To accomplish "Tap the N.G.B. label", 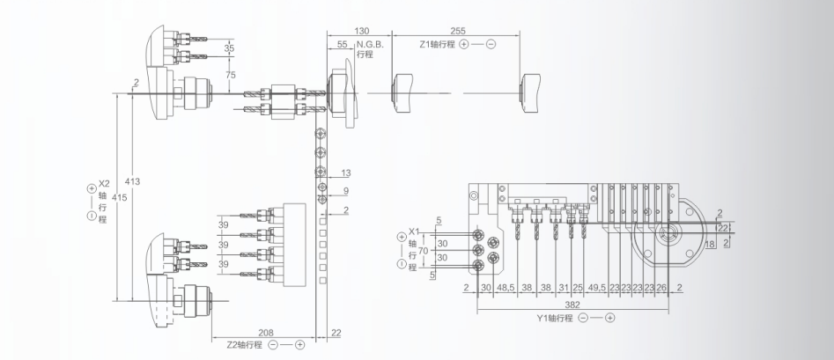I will point(366,43).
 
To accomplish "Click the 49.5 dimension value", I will point(598,287).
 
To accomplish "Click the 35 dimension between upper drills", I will point(229,48).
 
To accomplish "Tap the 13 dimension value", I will point(345,173).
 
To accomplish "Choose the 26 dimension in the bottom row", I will point(661,287).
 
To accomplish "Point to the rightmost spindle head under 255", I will point(531,92).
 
